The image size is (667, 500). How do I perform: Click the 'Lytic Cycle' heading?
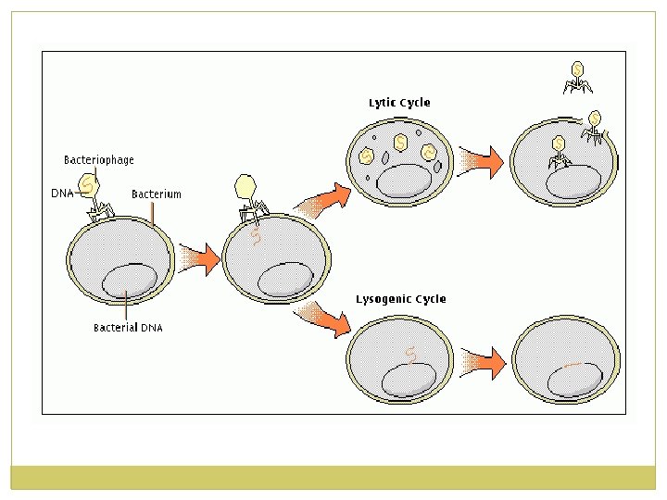[399, 103]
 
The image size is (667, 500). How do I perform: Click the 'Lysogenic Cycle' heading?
[400, 299]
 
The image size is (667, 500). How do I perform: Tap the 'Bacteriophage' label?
[98, 160]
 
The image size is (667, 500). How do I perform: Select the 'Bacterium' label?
[156, 194]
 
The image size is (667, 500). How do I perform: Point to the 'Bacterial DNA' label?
[128, 328]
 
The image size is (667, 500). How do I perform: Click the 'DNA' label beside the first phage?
[61, 194]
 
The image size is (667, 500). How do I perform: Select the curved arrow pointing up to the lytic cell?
[326, 197]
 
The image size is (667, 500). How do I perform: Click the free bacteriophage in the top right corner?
[578, 78]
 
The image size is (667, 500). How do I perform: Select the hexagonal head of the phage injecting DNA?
[245, 188]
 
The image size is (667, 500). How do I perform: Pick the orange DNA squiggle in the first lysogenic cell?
[411, 354]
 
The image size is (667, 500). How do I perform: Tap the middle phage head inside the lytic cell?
[400, 143]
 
